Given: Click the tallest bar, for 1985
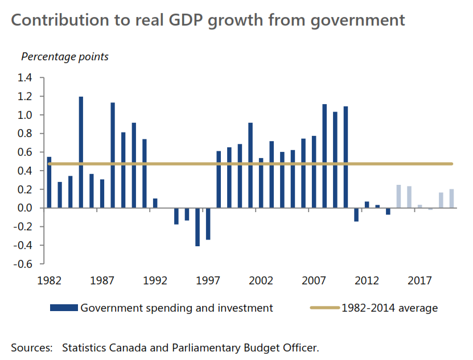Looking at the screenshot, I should tap(81, 152).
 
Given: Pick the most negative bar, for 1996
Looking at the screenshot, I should tap(198, 227).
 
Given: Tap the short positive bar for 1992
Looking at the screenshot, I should tap(155, 203).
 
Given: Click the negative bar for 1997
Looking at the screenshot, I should tap(208, 224).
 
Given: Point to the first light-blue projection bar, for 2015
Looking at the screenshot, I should tap(398, 196).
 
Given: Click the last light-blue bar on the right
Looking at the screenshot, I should tap(451, 198).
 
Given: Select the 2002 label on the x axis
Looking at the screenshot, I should tap(261, 281).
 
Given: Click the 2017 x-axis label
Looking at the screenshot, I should tap(419, 281).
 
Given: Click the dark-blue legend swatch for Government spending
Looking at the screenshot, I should tap(63, 308).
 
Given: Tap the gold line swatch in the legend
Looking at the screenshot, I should tap(324, 308).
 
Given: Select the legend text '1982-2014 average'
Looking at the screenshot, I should tap(390, 308).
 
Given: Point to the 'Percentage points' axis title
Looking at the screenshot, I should tap(65, 57).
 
